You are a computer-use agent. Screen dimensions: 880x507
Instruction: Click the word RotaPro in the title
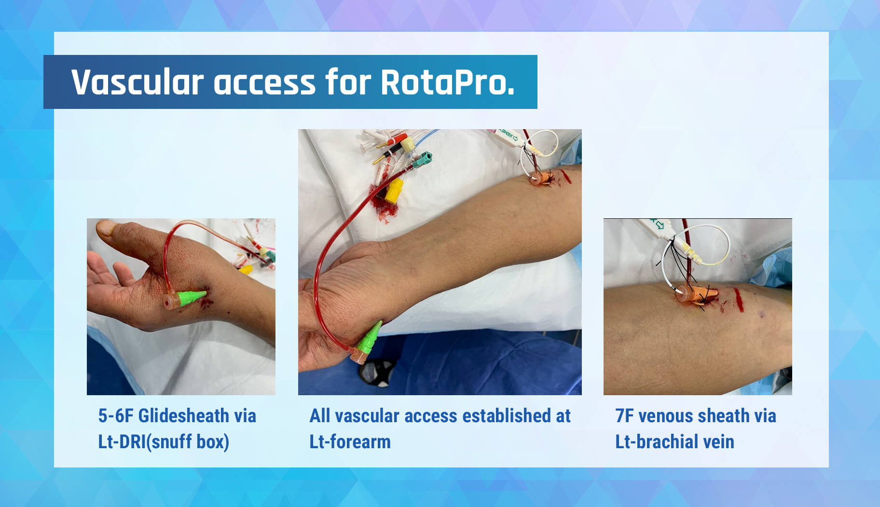click(x=447, y=82)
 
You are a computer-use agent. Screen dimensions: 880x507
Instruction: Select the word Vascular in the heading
click(x=137, y=82)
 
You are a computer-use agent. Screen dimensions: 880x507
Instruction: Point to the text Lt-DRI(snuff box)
click(x=164, y=442)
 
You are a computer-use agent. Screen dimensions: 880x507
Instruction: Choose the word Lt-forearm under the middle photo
click(x=350, y=442)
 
